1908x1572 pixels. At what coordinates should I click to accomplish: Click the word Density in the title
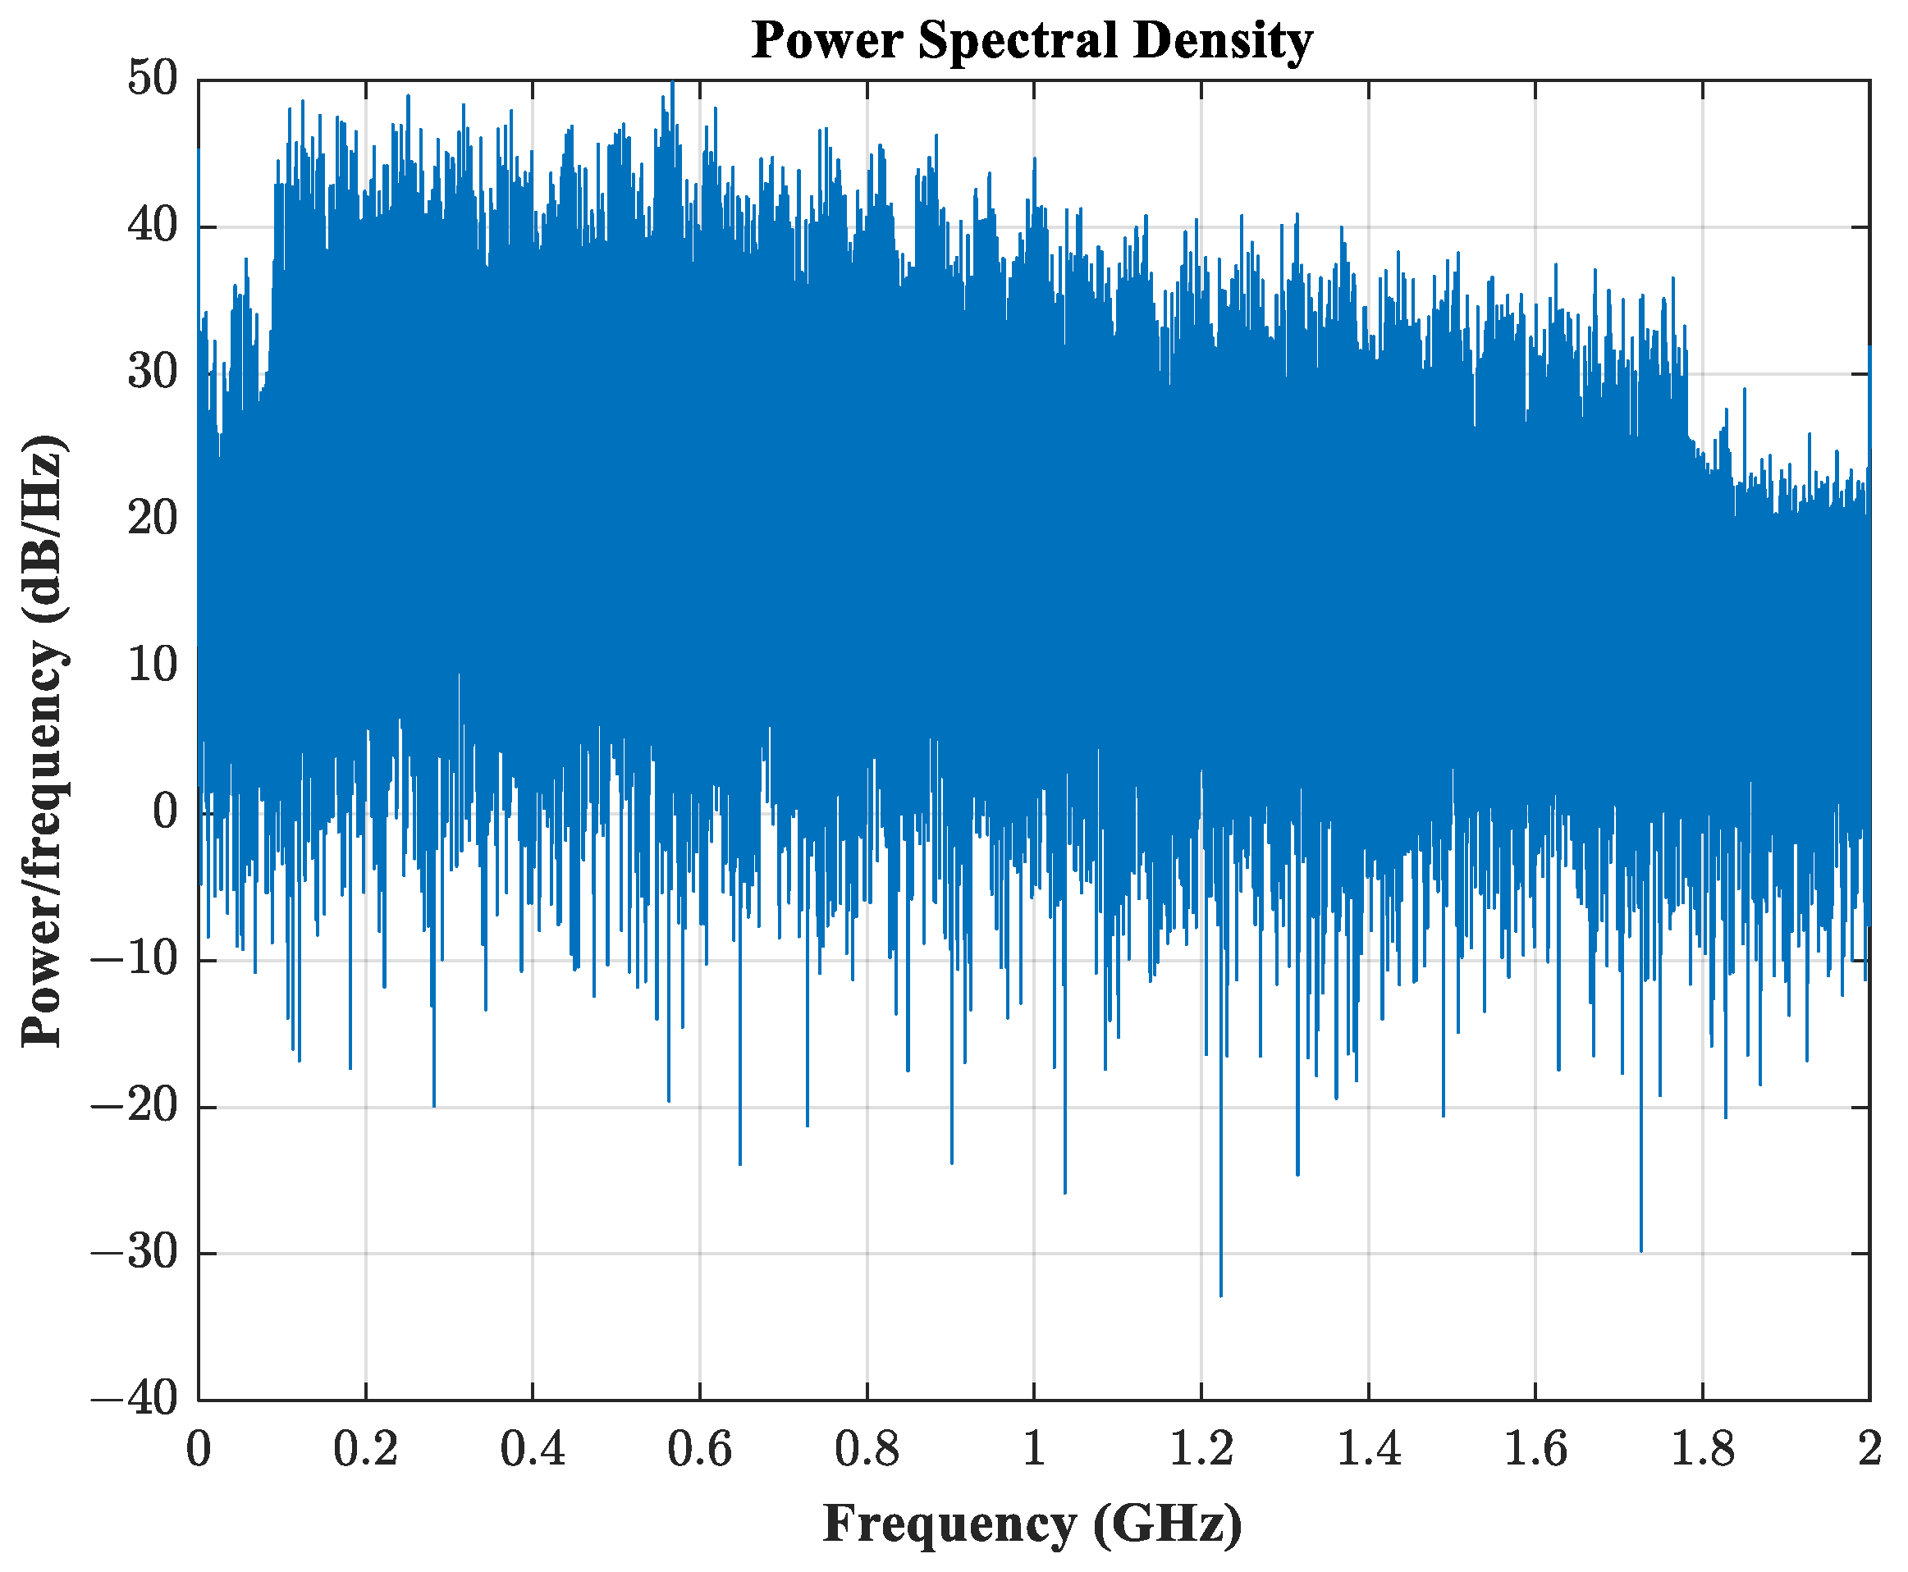tap(1222, 42)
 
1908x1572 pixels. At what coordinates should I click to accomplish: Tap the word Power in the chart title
tap(829, 40)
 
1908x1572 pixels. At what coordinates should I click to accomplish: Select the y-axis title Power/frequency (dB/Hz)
tap(43, 740)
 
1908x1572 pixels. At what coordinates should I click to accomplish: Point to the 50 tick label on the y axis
tap(152, 79)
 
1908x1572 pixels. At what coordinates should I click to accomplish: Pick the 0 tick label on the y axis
tap(165, 812)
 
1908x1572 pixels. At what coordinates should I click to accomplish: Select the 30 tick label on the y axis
tap(152, 372)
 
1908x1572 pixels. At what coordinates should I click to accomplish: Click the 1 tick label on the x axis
tap(1034, 1449)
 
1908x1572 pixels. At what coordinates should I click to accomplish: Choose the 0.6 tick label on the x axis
tap(699, 1449)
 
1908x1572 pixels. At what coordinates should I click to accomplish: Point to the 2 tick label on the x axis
tap(1869, 1449)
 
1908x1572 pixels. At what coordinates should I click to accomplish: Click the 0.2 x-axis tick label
tap(365, 1449)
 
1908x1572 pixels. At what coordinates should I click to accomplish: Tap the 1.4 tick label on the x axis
tap(1367, 1449)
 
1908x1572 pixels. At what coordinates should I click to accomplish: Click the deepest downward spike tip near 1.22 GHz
tap(1220, 1296)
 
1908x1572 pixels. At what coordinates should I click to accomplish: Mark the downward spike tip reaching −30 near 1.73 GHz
tap(1640, 1251)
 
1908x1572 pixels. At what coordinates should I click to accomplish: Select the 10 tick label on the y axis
tap(152, 665)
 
